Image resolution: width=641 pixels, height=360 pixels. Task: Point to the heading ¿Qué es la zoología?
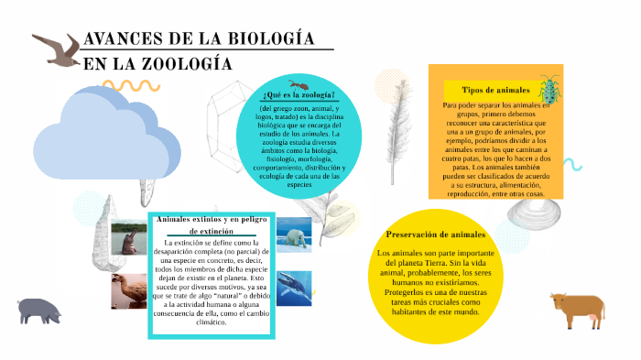pyautogui.click(x=298, y=96)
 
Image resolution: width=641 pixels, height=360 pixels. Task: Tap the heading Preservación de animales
pyautogui.click(x=435, y=235)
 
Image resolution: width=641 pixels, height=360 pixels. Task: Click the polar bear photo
pyautogui.click(x=294, y=235)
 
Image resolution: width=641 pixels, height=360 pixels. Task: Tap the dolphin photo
pyautogui.click(x=128, y=240)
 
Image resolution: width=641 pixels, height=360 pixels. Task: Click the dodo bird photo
pyautogui.click(x=128, y=291)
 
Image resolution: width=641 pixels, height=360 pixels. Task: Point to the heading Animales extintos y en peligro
pyautogui.click(x=212, y=221)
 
